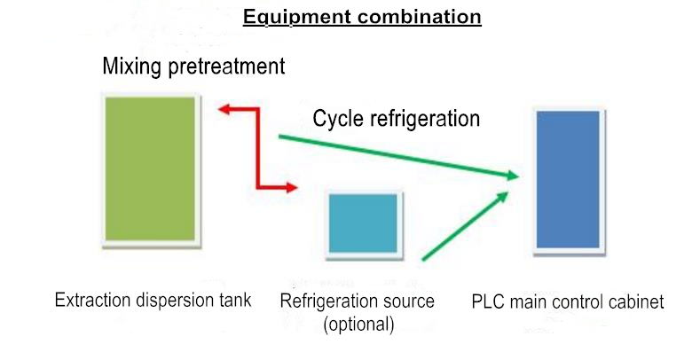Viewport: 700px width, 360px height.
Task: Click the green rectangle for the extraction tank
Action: pyautogui.click(x=149, y=168)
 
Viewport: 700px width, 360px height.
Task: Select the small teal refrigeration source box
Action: pyautogui.click(x=363, y=223)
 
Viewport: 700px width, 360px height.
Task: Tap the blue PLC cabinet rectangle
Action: pyautogui.click(x=568, y=178)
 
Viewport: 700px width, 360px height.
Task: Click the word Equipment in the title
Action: pyautogui.click(x=286, y=17)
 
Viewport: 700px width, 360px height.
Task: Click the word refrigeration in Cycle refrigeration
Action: pyautogui.click(x=425, y=119)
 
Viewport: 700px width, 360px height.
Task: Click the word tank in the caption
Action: pyautogui.click(x=234, y=300)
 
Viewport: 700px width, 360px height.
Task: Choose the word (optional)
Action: pyautogui.click(x=358, y=324)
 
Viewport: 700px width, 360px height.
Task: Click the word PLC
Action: pyautogui.click(x=490, y=302)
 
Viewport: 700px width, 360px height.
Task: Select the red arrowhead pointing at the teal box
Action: pyautogui.click(x=290, y=186)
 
